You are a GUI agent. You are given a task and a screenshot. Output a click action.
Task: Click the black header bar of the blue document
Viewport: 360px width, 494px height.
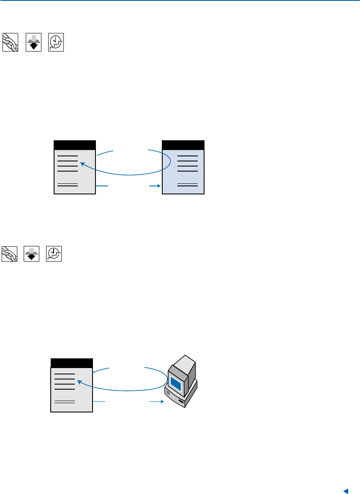[x=183, y=145]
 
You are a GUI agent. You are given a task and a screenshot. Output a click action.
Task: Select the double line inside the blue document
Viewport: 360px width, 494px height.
[x=188, y=185]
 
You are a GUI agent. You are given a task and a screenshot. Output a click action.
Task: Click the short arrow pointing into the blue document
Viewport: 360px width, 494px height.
[x=155, y=186]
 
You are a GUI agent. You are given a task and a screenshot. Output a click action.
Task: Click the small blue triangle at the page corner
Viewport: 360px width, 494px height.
[x=345, y=491]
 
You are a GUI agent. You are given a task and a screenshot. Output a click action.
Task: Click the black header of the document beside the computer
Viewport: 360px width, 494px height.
[x=71, y=363]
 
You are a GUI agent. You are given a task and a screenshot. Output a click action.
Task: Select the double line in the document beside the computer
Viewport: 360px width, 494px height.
[x=65, y=401]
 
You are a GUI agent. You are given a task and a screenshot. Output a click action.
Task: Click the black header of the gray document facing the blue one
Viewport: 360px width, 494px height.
[x=75, y=145]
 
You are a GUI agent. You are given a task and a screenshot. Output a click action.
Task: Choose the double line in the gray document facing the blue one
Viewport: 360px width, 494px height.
[x=68, y=185]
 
